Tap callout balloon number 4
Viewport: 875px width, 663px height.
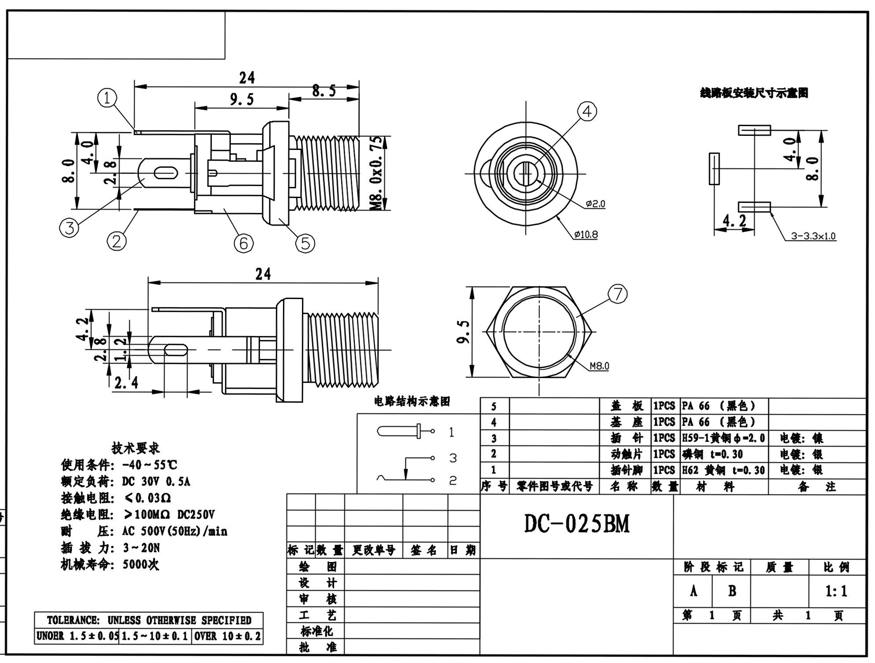(x=587, y=112)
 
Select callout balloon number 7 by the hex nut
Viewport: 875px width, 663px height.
(x=618, y=294)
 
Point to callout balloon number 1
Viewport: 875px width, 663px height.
(x=107, y=98)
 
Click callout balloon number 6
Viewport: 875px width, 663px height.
(x=244, y=243)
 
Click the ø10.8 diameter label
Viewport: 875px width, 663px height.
(x=586, y=235)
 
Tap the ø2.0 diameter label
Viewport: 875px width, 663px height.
(x=596, y=204)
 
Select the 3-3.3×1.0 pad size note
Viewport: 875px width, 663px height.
(x=813, y=236)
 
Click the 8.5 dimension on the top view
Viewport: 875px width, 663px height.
(x=324, y=91)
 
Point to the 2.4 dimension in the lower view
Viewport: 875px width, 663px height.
(x=126, y=382)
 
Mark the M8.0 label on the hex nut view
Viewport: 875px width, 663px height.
(x=599, y=366)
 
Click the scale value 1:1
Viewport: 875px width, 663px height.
(x=836, y=591)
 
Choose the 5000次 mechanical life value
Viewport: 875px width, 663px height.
(x=141, y=564)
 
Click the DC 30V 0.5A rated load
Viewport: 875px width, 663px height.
(x=156, y=481)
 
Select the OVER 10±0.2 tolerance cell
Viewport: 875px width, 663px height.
(x=227, y=636)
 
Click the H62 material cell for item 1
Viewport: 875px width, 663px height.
(x=723, y=470)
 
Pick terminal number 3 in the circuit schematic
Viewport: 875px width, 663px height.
(x=453, y=458)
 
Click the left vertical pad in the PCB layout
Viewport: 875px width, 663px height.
(x=714, y=169)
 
